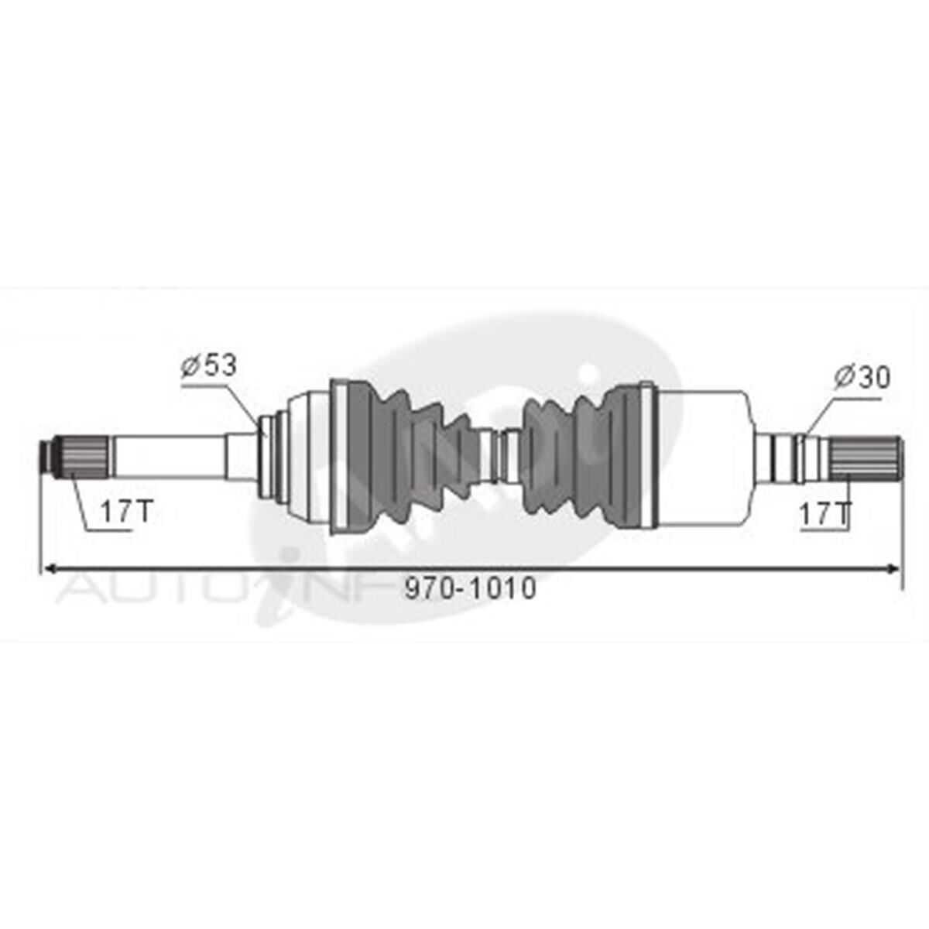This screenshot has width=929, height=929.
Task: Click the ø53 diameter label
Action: pyautogui.click(x=209, y=365)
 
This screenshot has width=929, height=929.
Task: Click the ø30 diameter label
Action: pyautogui.click(x=862, y=378)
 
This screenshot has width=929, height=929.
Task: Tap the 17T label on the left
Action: pyautogui.click(x=127, y=511)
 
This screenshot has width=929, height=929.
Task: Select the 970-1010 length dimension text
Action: pyautogui.click(x=471, y=589)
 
